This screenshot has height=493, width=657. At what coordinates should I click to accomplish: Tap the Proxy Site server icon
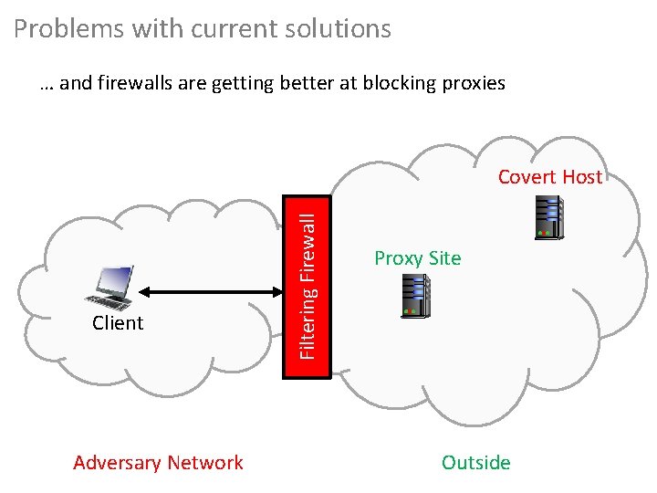coord(411,296)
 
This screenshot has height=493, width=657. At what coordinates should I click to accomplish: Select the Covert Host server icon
coord(548,218)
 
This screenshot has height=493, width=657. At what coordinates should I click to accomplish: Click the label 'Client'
coord(118,323)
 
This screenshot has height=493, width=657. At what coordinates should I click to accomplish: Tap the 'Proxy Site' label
coord(418,258)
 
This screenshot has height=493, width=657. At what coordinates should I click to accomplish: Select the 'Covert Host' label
coord(549,177)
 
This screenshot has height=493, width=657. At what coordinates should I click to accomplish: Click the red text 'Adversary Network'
coord(158,463)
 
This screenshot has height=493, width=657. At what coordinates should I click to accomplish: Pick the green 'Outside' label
coord(475,463)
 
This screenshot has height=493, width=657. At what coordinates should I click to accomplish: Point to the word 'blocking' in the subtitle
coord(397,83)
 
